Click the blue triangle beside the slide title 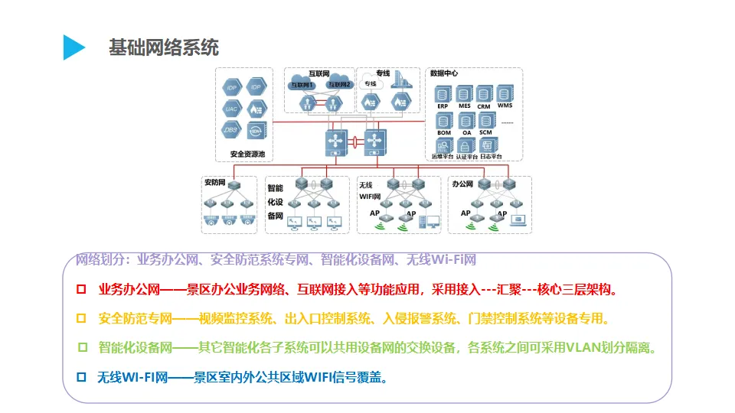coord(73,47)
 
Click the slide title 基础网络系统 coord(164,48)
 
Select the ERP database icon coord(443,94)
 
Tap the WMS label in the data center coord(505,105)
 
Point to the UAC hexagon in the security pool coord(231,109)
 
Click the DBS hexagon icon coord(231,130)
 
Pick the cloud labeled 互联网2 coord(338,83)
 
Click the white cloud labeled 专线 coord(371,83)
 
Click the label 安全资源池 coord(247,154)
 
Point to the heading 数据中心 coord(444,74)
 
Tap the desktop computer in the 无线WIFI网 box coord(433,222)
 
